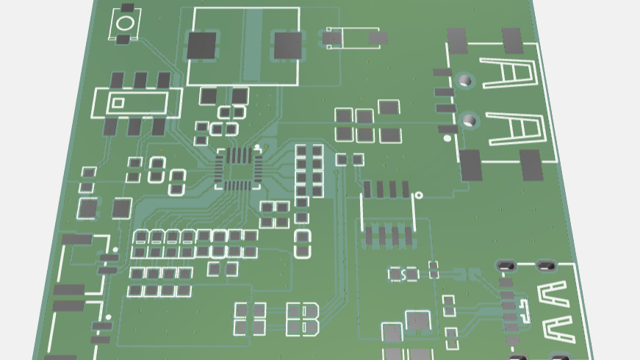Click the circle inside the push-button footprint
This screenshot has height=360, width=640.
(x=126, y=23)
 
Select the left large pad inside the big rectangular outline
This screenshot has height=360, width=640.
(x=202, y=46)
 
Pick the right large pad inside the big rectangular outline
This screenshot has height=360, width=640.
(x=288, y=45)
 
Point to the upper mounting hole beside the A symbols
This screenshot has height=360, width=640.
(x=465, y=79)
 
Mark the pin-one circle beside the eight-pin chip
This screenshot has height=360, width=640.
(x=418, y=195)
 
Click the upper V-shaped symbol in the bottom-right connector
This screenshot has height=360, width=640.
(x=552, y=295)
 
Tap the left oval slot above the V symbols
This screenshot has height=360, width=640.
(x=506, y=264)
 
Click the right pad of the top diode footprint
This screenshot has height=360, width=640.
(x=378, y=37)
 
